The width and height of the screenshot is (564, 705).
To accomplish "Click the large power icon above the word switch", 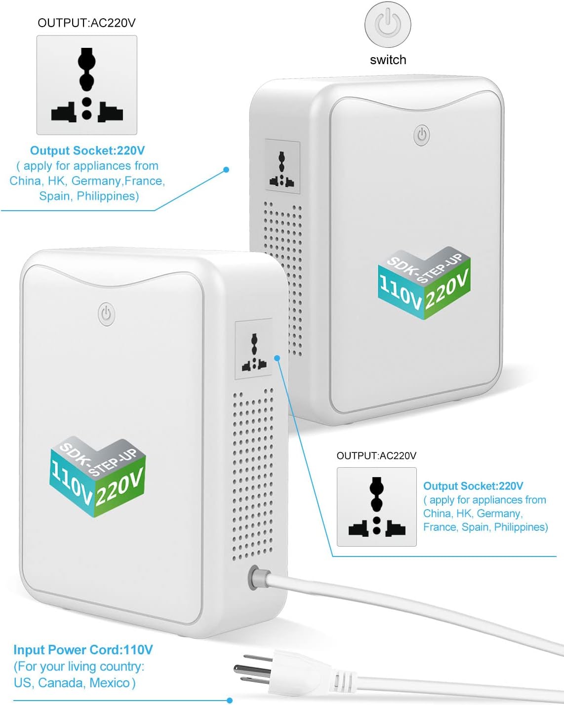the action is [388, 24].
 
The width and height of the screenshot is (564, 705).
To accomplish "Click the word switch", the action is [388, 60].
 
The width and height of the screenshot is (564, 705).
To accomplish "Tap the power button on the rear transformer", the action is [422, 135].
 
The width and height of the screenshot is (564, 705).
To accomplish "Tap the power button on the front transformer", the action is [107, 314].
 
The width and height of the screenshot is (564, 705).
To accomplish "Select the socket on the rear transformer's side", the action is [282, 166].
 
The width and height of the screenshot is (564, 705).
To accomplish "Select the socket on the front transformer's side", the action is [253, 349].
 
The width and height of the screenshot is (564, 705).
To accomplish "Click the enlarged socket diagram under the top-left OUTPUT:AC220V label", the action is [87, 85].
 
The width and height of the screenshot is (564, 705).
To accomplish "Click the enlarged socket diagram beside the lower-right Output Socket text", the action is [377, 507].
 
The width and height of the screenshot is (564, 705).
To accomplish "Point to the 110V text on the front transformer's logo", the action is [71, 484].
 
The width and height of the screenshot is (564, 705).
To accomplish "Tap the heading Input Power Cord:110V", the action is [83, 650].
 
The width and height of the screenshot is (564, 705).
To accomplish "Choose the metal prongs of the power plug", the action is [252, 668].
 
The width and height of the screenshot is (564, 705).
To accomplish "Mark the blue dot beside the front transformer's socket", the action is [278, 358].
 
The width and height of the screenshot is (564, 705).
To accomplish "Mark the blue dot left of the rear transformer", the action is [226, 170].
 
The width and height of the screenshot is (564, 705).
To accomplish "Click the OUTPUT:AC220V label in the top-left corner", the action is [86, 23].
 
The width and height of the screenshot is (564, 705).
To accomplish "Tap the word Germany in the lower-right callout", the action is [500, 514].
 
